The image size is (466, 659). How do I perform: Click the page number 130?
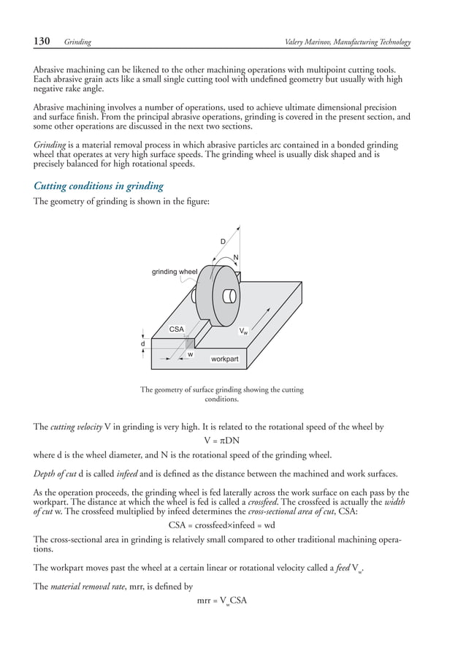(42, 42)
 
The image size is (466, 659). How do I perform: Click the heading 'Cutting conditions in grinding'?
(98, 186)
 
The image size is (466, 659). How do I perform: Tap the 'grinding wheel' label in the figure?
(174, 272)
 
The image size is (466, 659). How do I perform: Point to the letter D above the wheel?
(223, 241)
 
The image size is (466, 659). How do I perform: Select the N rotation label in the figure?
(236, 256)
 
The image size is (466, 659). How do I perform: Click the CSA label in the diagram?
(176, 329)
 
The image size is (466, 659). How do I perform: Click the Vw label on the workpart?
(243, 331)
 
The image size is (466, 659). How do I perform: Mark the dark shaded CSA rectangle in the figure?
(189, 344)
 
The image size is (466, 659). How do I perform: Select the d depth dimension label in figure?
(142, 343)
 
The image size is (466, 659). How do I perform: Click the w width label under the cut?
(190, 354)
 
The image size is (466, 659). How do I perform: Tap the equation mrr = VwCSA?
(222, 601)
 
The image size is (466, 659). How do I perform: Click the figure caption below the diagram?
(222, 395)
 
